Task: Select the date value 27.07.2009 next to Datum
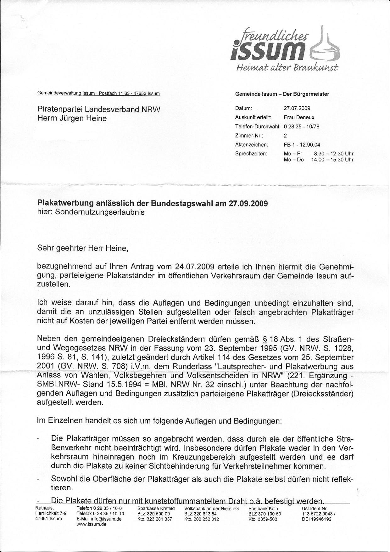297,108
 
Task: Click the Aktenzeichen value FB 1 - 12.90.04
302,145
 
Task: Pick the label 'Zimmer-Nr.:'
249,136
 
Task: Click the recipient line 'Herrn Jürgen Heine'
72,118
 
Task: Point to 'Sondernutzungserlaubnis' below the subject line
100,212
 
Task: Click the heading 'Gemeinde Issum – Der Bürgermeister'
282,94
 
